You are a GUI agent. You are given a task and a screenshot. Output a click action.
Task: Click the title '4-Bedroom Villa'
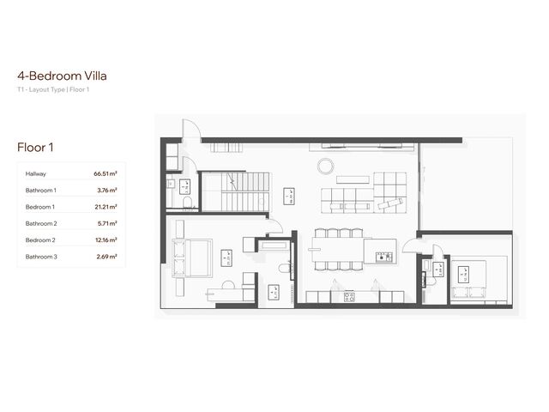click(x=61, y=75)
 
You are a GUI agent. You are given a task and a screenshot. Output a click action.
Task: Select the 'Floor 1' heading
click(x=35, y=147)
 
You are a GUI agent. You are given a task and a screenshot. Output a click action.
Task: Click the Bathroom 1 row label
click(x=41, y=190)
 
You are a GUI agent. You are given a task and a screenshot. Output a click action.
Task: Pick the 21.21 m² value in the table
click(x=106, y=207)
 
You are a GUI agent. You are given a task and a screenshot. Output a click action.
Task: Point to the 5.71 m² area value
click(x=106, y=223)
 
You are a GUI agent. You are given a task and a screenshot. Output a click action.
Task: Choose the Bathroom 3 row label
click(x=41, y=257)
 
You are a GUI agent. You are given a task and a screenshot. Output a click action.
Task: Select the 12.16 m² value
click(x=106, y=240)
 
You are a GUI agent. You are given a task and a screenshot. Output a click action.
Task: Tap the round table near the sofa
click(x=325, y=164)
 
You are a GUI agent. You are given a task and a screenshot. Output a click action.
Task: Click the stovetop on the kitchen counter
click(x=349, y=297)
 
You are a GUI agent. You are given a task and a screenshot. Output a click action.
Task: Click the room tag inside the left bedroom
click(x=226, y=254)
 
